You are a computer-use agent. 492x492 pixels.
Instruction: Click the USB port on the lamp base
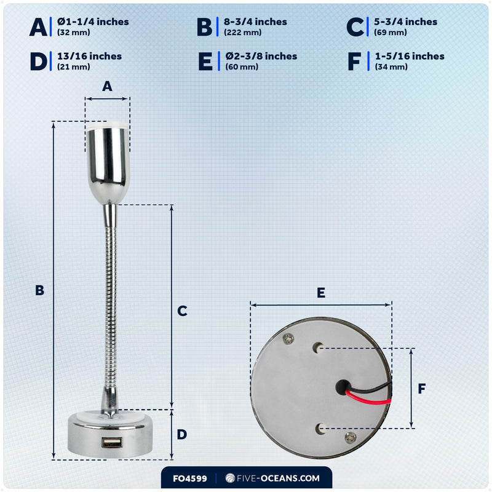pos(111,442)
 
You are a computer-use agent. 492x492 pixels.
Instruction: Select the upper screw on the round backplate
pos(288,339)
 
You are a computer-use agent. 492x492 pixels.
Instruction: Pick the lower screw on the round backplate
pos(351,437)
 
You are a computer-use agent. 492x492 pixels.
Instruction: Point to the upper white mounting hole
pos(318,347)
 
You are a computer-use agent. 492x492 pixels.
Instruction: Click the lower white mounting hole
pos(320,428)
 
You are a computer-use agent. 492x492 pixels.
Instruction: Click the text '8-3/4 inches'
pos(255,22)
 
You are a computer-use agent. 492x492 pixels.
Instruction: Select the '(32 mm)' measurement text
pos(73,33)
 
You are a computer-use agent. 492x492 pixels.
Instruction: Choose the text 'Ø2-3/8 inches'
pos(261,56)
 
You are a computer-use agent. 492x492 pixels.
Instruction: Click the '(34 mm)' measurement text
pos(391,67)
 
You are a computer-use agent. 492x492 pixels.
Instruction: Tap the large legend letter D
pos(38,61)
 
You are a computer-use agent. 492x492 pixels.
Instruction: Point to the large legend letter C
pos(355,27)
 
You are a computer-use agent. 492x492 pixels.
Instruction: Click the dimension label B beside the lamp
pos(39,290)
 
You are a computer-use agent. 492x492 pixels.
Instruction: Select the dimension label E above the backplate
pos(320,293)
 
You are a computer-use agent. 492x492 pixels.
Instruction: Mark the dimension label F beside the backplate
pos(422,389)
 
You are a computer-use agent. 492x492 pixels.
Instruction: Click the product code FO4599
pos(190,478)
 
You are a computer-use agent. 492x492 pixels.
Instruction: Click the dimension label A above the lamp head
pos(107,86)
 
